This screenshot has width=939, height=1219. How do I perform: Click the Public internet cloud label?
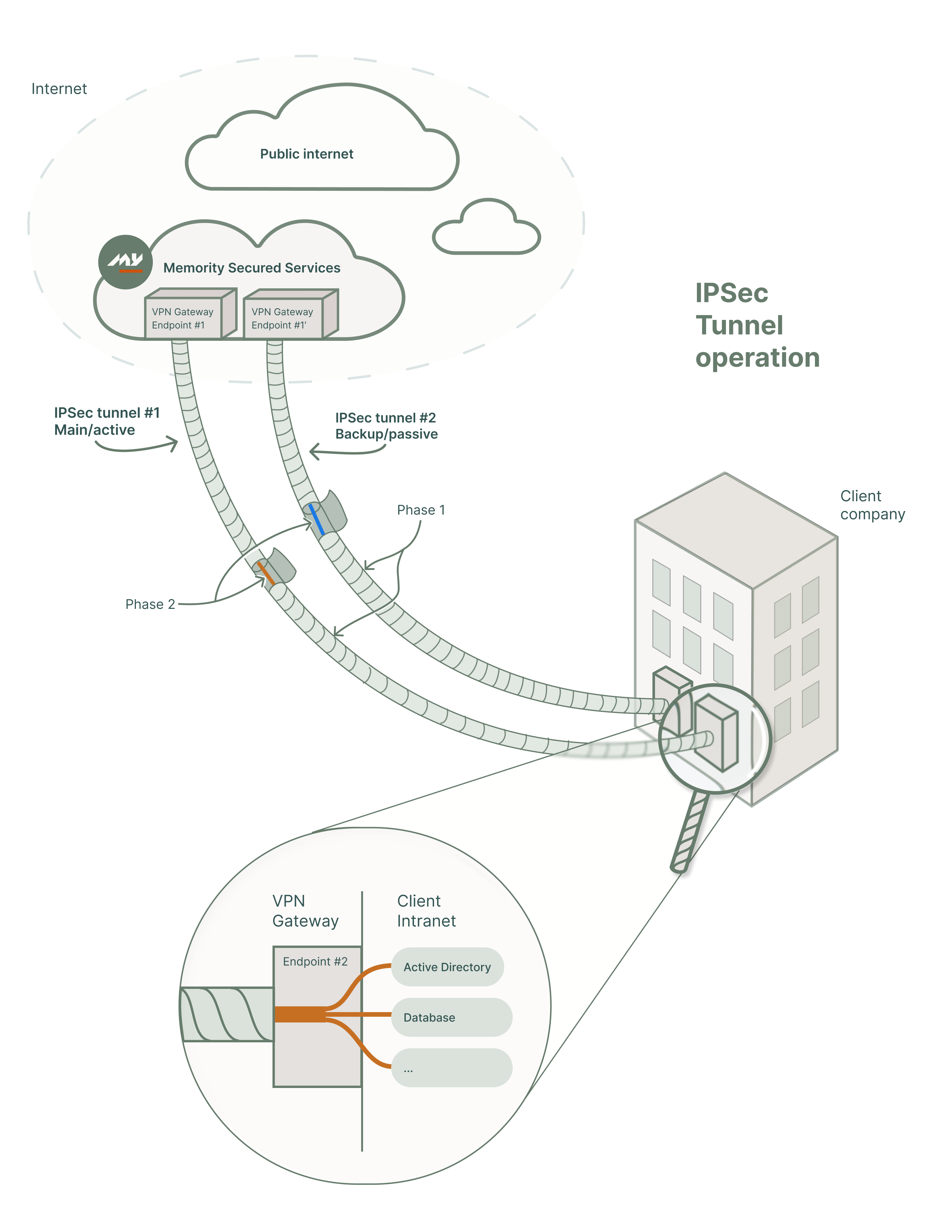coord(306,154)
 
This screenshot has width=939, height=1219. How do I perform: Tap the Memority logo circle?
coord(125,262)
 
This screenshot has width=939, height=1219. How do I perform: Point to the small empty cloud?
coord(486,232)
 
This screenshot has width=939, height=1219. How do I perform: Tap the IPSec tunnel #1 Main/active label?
coord(107,422)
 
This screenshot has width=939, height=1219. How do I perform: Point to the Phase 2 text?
coord(150,604)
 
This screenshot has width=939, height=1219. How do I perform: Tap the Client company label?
coord(872,505)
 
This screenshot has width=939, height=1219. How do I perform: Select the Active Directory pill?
coord(447,967)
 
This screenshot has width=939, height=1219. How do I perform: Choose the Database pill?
coord(451,1017)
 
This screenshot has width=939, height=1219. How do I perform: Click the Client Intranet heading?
coord(426,911)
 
